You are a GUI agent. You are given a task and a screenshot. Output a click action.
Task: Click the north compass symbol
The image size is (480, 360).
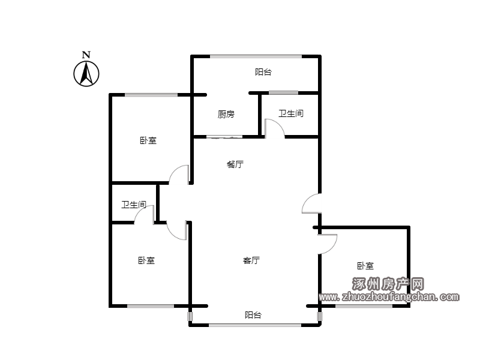point(86,73)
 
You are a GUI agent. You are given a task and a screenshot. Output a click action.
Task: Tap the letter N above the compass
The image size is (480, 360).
point(86,55)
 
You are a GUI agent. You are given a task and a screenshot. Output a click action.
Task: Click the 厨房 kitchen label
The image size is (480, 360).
point(226,114)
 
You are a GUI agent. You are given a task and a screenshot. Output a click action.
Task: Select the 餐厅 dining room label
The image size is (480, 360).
point(235,164)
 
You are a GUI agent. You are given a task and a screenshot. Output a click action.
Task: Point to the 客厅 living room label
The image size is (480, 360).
point(251,260)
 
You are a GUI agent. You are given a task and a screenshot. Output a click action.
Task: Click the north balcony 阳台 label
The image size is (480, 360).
point(263,72)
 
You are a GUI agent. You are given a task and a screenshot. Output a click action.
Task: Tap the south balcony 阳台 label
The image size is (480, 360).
point(253,315)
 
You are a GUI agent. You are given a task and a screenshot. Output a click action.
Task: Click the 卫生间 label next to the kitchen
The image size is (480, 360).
point(290,113)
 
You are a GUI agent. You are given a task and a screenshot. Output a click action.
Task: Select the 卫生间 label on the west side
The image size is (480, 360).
point(133,205)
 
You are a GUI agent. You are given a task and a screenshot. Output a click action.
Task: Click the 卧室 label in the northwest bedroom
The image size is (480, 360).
point(148,140)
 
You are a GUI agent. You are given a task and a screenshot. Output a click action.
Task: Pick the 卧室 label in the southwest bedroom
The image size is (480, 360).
point(146,260)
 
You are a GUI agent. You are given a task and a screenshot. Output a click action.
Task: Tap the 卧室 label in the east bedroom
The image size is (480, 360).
point(365,266)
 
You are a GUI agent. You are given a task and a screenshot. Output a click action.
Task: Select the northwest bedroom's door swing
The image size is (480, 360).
point(180,175)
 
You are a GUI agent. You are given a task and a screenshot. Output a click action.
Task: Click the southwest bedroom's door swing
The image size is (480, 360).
point(178,231)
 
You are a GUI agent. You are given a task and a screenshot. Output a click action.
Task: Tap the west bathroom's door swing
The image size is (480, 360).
point(144,215)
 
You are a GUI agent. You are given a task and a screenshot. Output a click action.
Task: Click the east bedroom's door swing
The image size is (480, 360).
point(328,242)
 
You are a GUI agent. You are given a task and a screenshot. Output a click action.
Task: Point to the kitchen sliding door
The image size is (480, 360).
point(224,137)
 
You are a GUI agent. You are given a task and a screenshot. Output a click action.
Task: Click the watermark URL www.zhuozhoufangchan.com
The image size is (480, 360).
point(389,296)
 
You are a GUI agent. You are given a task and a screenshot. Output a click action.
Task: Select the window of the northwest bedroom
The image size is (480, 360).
point(151,95)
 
